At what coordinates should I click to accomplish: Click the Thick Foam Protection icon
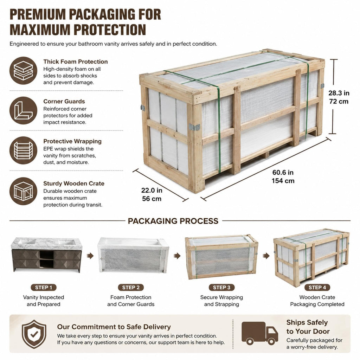23,70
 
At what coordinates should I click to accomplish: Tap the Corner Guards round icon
23,110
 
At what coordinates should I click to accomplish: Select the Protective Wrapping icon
23,150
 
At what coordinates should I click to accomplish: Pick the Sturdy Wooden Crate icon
23,191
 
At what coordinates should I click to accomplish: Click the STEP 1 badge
44,287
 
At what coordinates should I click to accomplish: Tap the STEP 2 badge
131,287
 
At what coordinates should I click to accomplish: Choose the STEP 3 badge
221,287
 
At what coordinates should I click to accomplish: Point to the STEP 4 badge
317,287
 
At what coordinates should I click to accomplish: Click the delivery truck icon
260,333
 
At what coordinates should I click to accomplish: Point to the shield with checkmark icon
34,334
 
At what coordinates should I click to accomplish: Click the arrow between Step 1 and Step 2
90,256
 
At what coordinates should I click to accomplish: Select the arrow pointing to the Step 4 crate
266,256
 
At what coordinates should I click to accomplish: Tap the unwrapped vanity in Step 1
47,255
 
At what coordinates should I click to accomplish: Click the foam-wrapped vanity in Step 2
133,255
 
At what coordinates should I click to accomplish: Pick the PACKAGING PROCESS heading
173,221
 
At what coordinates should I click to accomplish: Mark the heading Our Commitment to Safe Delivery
114,327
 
